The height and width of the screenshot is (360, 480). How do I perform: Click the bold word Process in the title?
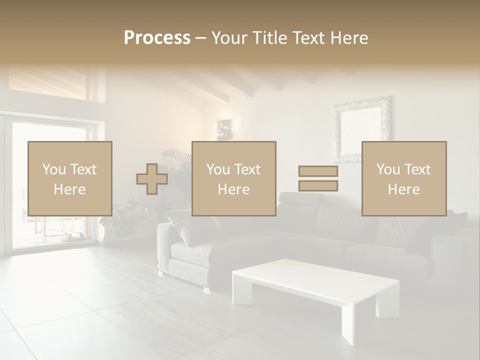[x=157, y=38]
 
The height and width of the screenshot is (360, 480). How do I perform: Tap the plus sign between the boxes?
[x=152, y=179]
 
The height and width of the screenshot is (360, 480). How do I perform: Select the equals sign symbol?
[x=318, y=178]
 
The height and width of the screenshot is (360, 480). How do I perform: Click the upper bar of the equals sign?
[x=318, y=171]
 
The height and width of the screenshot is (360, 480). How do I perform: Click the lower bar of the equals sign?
[x=318, y=186]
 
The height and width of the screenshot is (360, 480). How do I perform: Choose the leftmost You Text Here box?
[x=70, y=179]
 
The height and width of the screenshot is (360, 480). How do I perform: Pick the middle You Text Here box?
[x=234, y=179]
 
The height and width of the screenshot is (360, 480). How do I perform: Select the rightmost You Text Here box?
[x=404, y=179]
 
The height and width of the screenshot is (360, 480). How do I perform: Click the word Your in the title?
[x=229, y=38]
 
